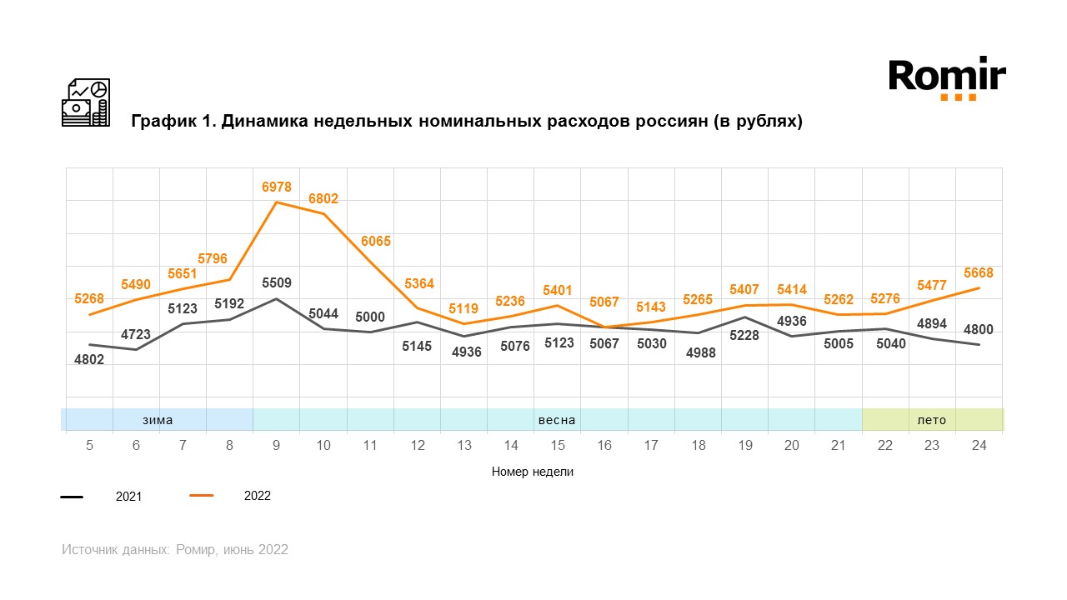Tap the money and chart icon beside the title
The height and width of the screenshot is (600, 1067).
tap(86, 102)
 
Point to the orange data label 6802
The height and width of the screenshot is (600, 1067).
tap(323, 198)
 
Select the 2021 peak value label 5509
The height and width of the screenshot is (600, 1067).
tap(277, 283)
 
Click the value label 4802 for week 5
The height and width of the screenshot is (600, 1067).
tap(89, 361)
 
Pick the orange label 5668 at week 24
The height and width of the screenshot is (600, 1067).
tap(978, 272)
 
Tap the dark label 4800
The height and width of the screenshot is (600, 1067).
tap(978, 329)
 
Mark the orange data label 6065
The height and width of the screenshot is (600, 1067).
tap(375, 242)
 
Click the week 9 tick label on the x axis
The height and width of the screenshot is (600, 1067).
tap(276, 446)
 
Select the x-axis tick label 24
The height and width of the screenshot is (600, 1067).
tap(979, 446)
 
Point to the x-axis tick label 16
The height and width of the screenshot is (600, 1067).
tap(604, 446)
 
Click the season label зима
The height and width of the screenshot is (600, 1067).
tap(158, 420)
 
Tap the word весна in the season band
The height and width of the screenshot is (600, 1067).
tap(557, 420)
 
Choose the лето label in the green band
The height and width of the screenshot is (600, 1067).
tap(932, 420)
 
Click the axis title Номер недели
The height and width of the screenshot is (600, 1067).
tap(533, 472)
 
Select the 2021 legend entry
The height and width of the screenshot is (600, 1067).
tap(128, 497)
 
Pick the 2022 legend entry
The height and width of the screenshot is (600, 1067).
tap(257, 496)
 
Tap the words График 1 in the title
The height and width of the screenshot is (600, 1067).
tap(171, 122)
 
